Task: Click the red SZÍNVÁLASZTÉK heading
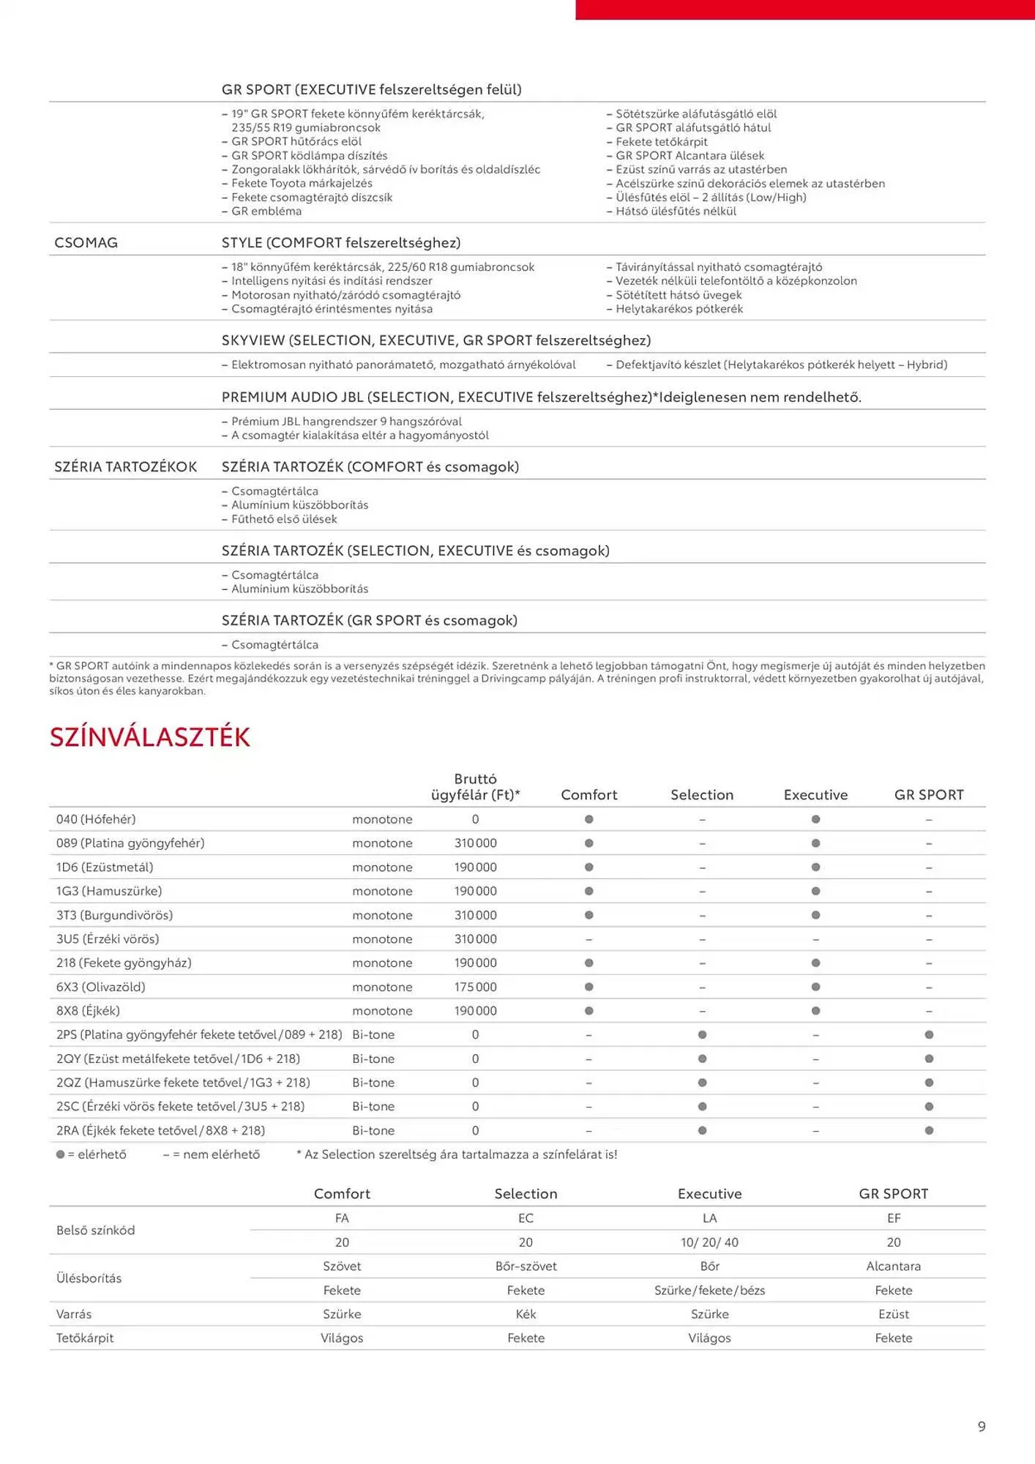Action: click(149, 736)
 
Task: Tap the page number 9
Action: click(982, 1426)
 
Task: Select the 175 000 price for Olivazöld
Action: click(475, 987)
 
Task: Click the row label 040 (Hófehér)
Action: click(96, 819)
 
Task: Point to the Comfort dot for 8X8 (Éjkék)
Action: click(589, 1011)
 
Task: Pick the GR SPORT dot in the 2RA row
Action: click(929, 1130)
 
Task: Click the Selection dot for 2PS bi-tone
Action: click(702, 1034)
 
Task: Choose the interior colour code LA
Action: click(709, 1218)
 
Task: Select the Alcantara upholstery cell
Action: click(893, 1266)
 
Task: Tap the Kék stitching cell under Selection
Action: click(526, 1314)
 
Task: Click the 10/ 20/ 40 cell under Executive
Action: click(709, 1242)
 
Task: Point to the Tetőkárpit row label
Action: click(85, 1338)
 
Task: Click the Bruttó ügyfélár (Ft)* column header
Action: click(475, 787)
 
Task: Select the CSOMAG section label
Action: click(86, 242)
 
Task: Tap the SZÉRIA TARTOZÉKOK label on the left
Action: click(125, 467)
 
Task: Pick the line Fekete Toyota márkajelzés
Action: click(302, 183)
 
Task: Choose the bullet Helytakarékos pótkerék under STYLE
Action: click(679, 309)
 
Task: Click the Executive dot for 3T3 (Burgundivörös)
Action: click(815, 915)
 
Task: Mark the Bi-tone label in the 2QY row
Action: click(373, 1058)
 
